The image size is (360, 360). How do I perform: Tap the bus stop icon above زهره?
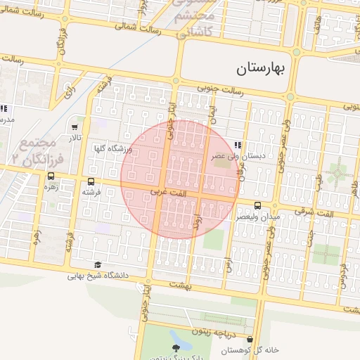[51, 177]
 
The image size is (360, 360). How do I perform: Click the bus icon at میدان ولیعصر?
[257, 205]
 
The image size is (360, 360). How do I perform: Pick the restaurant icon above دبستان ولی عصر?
[246, 145]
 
